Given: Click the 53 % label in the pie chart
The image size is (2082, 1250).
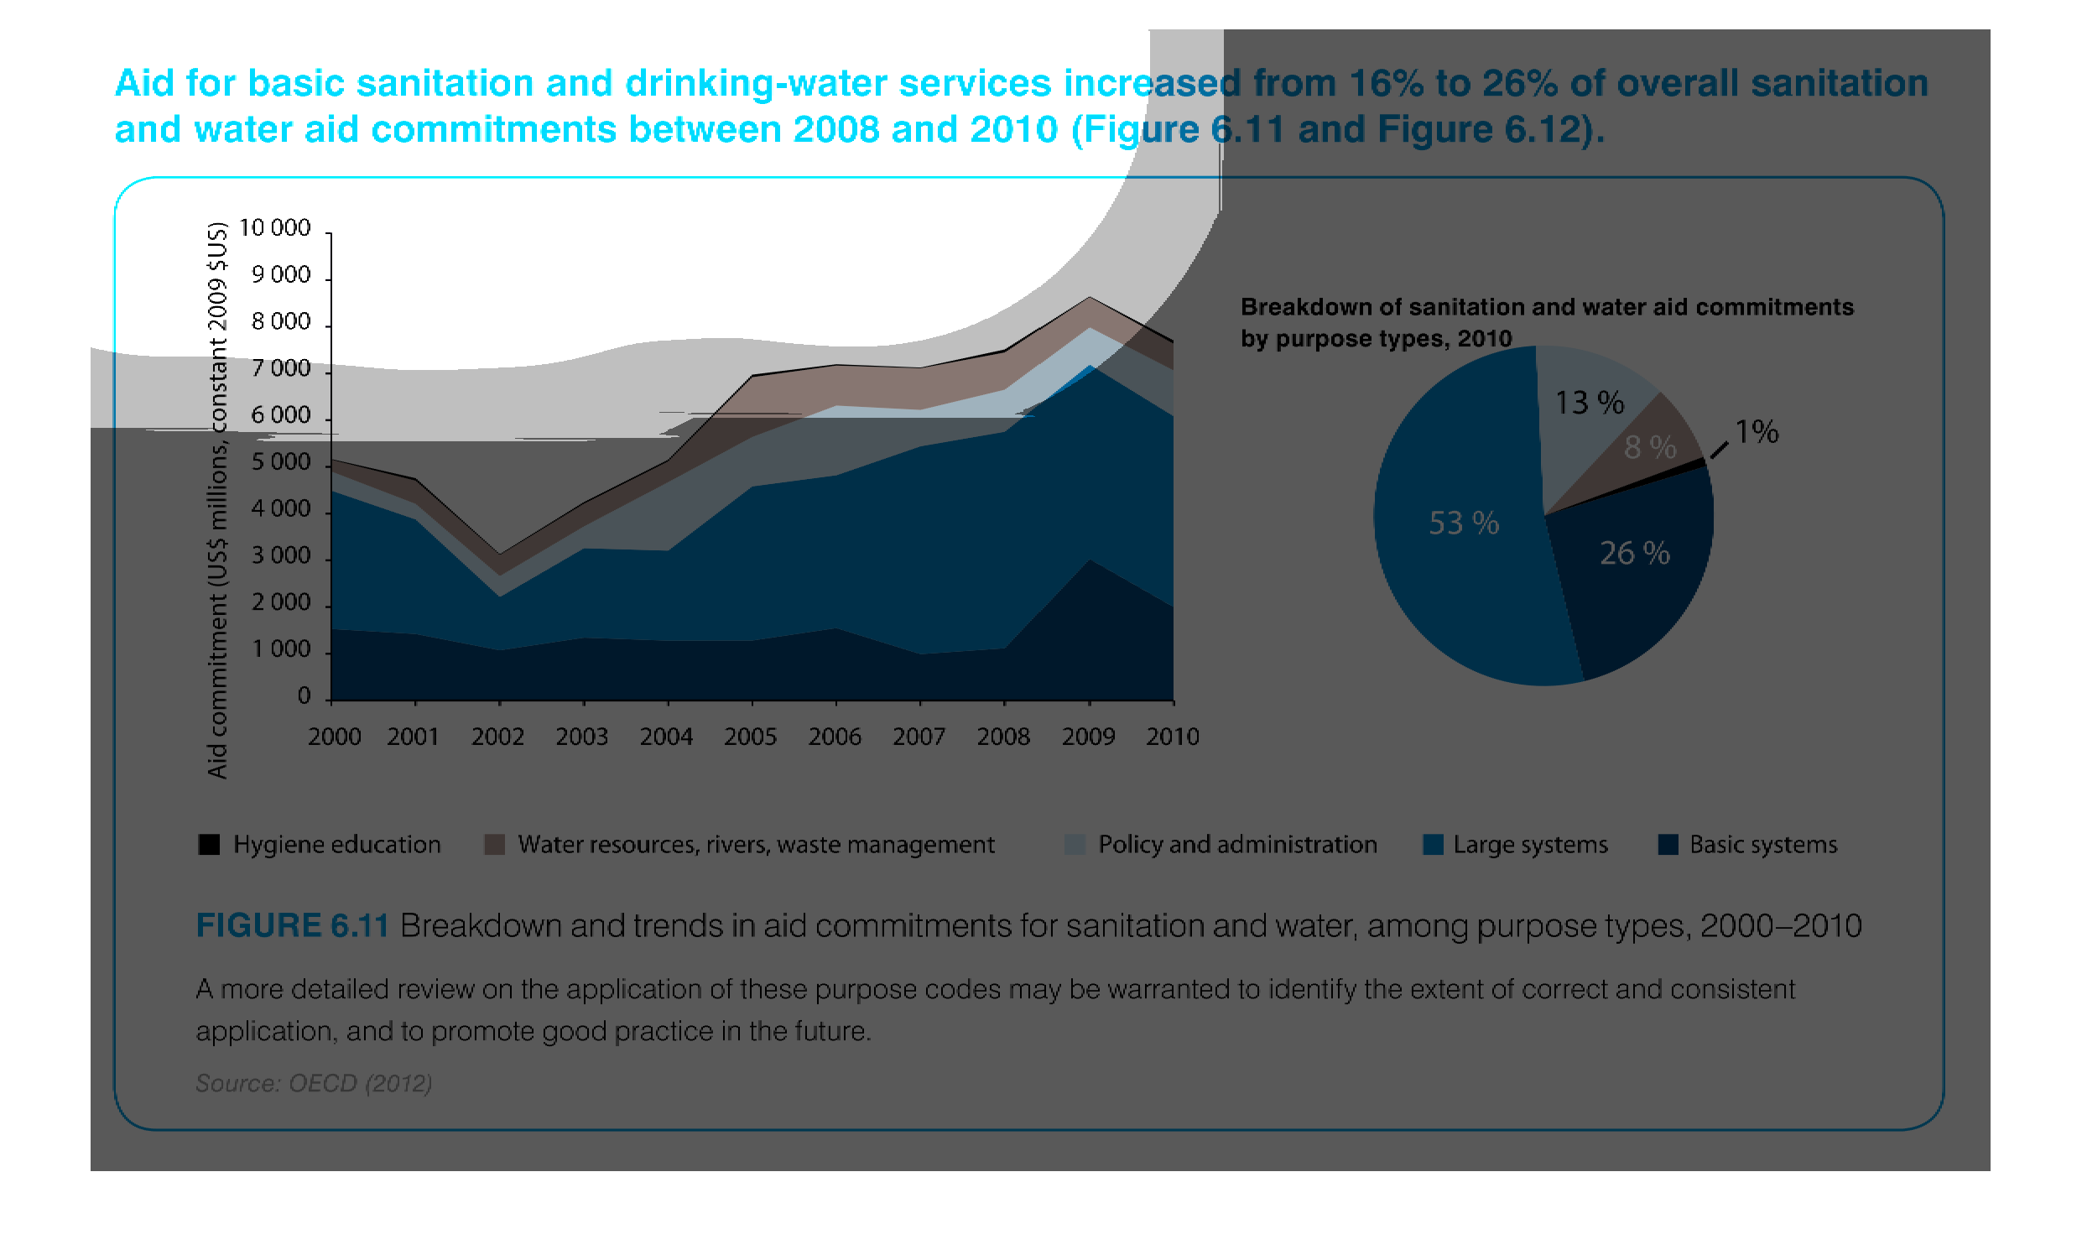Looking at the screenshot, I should tap(1463, 523).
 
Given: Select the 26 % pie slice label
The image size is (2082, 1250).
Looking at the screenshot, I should tap(1634, 554).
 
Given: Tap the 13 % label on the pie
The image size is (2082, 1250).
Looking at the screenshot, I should tap(1589, 403).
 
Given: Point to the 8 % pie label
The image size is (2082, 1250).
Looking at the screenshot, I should tap(1649, 447).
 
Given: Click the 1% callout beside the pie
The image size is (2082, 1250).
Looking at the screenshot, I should tap(1756, 432).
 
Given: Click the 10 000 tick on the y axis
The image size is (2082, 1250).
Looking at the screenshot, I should tap(274, 227).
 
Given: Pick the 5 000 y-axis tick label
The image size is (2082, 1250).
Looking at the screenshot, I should tap(280, 462).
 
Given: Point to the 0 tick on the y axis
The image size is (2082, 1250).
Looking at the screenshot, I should tap(304, 696).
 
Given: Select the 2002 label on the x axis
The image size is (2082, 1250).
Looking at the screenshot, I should tap(497, 737).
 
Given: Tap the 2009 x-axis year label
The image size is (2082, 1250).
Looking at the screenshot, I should tap(1087, 737).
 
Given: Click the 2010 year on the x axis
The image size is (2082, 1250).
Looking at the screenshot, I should tap(1172, 737).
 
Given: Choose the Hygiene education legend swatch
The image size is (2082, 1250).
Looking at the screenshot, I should tap(209, 844).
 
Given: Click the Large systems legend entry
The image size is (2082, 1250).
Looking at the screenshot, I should tap(1529, 844).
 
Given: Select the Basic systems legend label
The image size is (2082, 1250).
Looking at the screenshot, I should tap(1762, 844).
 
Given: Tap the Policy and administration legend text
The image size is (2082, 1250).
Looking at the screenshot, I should tap(1236, 844).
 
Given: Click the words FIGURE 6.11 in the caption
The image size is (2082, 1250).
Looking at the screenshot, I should tap(291, 925).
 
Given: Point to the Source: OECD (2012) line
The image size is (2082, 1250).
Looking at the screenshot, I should tap(314, 1083).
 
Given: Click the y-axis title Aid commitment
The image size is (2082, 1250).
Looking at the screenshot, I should tap(217, 500).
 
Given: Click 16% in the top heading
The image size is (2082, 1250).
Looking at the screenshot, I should tap(1384, 83).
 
